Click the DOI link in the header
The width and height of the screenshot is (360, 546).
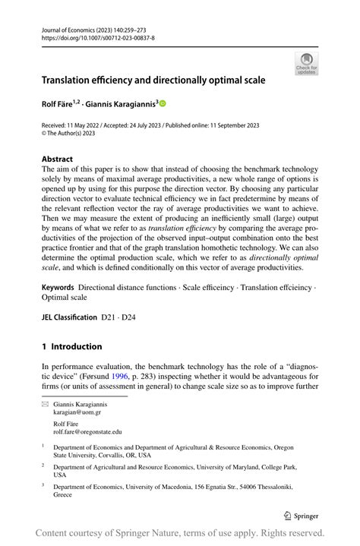[x=98, y=37]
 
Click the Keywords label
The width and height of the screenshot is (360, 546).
[x=58, y=287]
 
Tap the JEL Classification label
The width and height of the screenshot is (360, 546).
[x=69, y=317]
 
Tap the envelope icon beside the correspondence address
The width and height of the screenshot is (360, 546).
[x=44, y=405]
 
